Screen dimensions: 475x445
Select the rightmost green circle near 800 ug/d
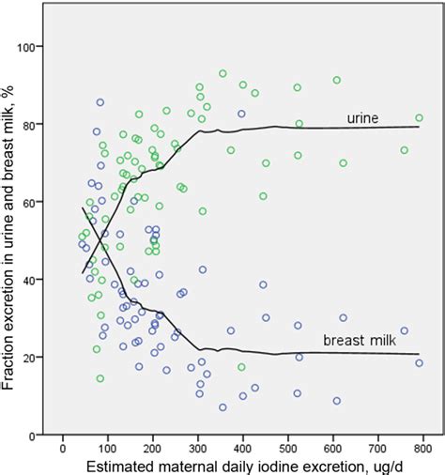coord(419,118)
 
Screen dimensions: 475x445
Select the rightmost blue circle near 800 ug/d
coord(419,363)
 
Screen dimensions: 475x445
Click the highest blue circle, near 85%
coord(100,102)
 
